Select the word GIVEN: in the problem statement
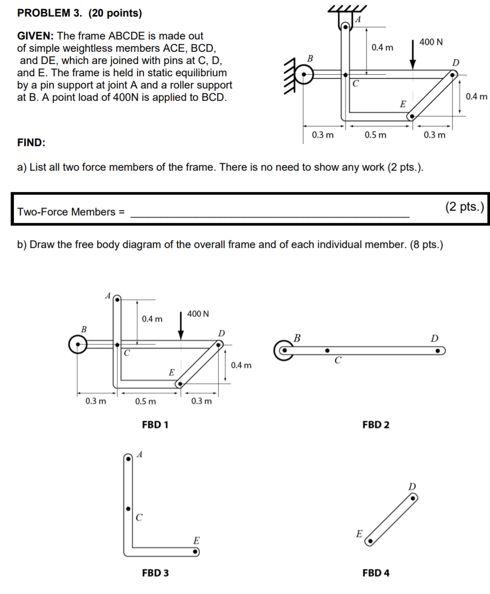tap(36, 36)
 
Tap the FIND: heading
tap(31, 143)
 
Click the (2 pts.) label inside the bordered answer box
tap(463, 207)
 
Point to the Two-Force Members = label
tap(71, 212)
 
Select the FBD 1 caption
tap(156, 425)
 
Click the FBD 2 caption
tap(375, 425)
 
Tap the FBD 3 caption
tap(156, 573)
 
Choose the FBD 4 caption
tap(375, 573)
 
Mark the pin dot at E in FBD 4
tap(369, 541)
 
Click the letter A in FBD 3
tap(140, 455)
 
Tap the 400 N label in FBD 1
tap(198, 314)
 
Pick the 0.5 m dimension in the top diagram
tap(376, 135)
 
